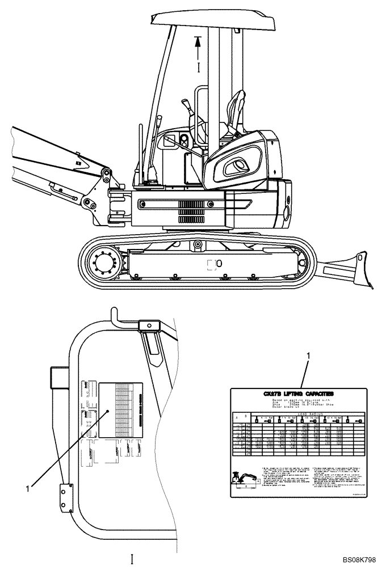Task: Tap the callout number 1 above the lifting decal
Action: click(308, 356)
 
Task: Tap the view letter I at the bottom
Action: click(132, 559)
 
